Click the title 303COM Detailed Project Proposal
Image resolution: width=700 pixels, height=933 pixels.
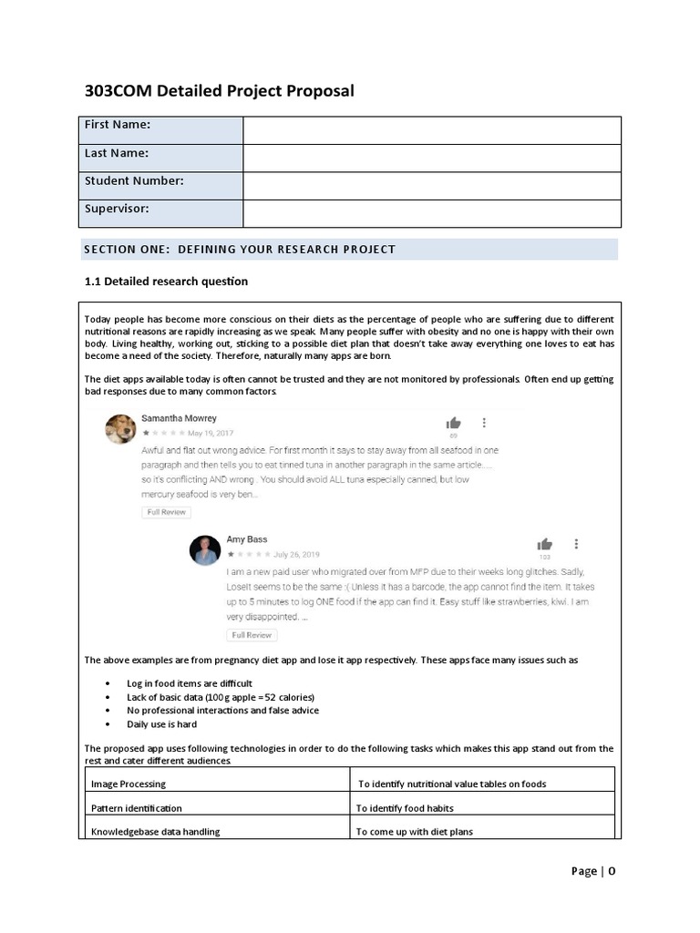pyautogui.click(x=219, y=91)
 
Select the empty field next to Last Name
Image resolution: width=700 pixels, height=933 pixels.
pyautogui.click(x=431, y=158)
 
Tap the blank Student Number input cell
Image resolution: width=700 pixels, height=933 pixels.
pyautogui.click(x=431, y=185)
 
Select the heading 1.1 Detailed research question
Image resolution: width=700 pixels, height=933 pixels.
pyautogui.click(x=166, y=282)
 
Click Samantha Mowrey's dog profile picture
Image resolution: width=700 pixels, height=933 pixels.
pyautogui.click(x=120, y=429)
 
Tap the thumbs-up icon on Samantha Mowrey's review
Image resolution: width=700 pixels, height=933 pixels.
pyautogui.click(x=453, y=423)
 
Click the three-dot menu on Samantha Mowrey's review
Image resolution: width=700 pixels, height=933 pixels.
pyautogui.click(x=484, y=423)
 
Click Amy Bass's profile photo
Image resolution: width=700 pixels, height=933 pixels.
pyautogui.click(x=205, y=550)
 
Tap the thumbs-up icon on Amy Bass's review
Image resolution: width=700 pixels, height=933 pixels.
pyautogui.click(x=544, y=544)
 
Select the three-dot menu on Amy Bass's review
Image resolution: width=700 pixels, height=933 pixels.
pyautogui.click(x=576, y=544)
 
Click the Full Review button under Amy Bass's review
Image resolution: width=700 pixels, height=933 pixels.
pyautogui.click(x=251, y=634)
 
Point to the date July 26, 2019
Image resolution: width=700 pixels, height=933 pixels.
pyautogui.click(x=298, y=553)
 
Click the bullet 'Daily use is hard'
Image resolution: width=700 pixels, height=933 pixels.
pyautogui.click(x=161, y=724)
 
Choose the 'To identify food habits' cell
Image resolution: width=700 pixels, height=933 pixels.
pyautogui.click(x=405, y=808)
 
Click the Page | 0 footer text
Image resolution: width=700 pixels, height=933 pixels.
pyautogui.click(x=593, y=871)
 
